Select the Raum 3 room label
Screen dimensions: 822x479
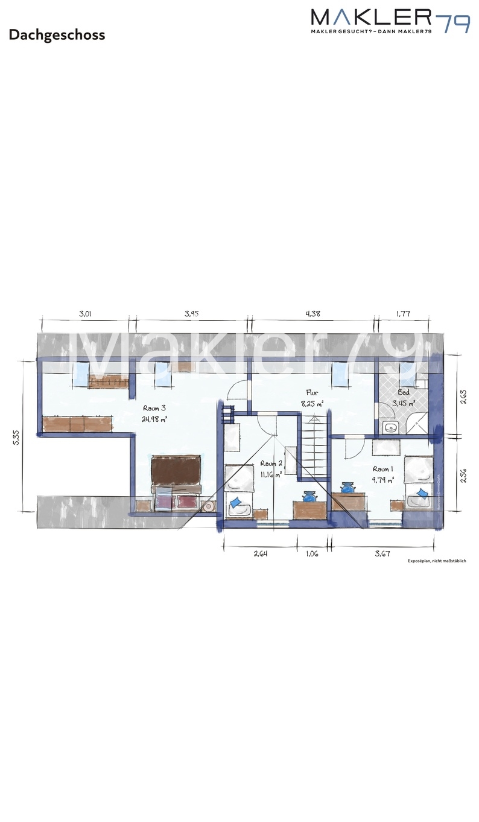click(x=154, y=408)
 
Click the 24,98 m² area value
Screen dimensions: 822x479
click(x=154, y=419)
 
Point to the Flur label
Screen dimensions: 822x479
click(x=312, y=392)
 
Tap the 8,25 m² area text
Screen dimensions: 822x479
click(x=312, y=403)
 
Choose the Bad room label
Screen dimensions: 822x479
click(x=403, y=392)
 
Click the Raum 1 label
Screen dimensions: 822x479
click(x=382, y=469)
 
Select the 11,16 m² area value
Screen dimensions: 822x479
click(x=271, y=474)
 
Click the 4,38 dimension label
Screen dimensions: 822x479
click(x=313, y=313)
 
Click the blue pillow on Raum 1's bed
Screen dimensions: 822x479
click(x=423, y=494)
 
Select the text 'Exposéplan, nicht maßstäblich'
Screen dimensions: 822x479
click(x=436, y=561)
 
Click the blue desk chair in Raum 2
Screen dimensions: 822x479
click(x=309, y=497)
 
